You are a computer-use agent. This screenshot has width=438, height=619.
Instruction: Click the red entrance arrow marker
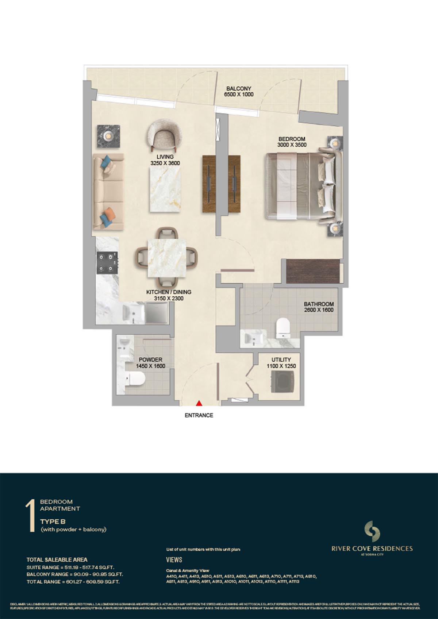click(x=199, y=403)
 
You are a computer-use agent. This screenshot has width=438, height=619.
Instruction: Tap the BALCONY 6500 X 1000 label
click(x=238, y=91)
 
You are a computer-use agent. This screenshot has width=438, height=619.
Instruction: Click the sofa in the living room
click(x=108, y=191)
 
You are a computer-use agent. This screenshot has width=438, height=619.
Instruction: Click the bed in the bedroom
click(x=300, y=187)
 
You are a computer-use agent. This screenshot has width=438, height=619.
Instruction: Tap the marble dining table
click(x=166, y=258)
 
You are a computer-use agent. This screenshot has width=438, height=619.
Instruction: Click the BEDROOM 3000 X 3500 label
click(x=292, y=142)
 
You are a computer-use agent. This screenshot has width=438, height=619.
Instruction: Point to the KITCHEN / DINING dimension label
click(x=169, y=295)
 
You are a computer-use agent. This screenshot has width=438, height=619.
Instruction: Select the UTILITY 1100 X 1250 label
click(x=281, y=363)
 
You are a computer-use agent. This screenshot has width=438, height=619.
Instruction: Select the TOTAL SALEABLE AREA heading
click(x=57, y=560)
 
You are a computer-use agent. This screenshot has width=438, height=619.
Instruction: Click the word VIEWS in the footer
click(x=174, y=560)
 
